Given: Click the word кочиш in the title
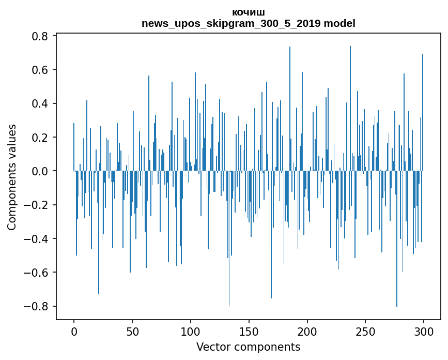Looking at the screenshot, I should [x=249, y=12].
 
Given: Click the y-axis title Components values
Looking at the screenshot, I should [x=12, y=177].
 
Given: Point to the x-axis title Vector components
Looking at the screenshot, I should [x=248, y=347].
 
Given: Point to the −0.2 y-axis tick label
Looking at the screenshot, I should [x=36, y=205].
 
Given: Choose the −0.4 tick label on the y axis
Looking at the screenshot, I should [x=36, y=238].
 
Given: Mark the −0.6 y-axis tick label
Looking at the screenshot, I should [x=36, y=273].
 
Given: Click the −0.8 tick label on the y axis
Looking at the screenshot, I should [x=36, y=306].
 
